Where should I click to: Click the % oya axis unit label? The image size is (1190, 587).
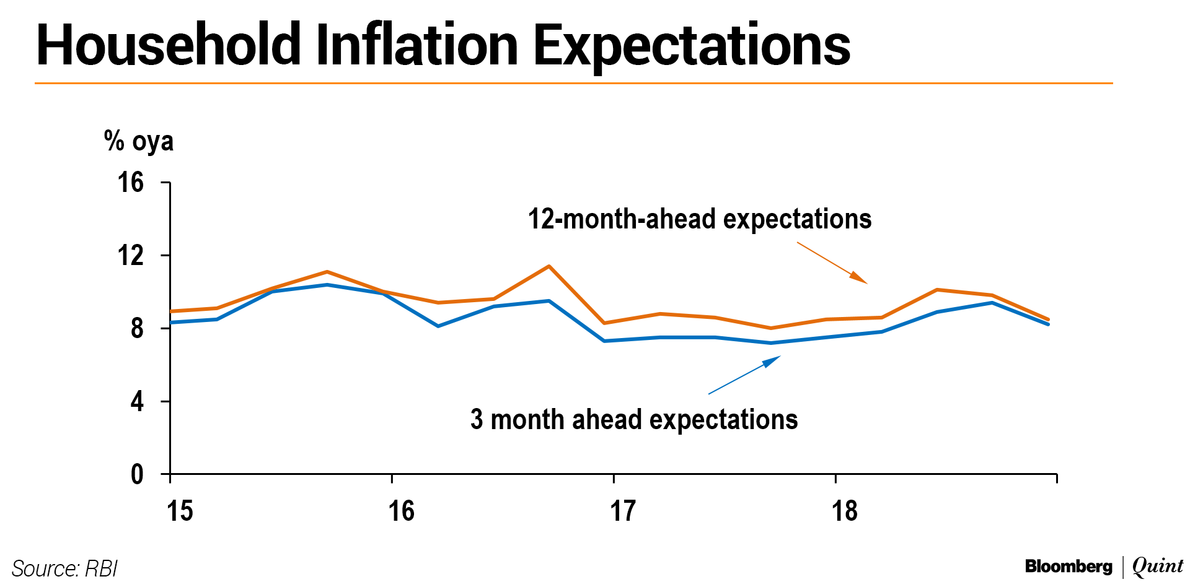(139, 141)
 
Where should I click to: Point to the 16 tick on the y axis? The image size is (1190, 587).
(131, 183)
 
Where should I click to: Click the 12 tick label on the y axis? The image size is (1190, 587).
(131, 255)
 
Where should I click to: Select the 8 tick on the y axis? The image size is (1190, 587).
(137, 328)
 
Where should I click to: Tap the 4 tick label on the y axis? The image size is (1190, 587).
(137, 401)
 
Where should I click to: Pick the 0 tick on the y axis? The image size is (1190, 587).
(137, 474)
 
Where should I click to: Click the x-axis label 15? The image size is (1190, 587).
(180, 511)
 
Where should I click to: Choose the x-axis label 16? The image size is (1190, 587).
(401, 511)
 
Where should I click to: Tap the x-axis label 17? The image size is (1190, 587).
(623, 511)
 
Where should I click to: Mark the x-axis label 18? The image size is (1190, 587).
(845, 511)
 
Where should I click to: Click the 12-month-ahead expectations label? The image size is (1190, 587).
(700, 220)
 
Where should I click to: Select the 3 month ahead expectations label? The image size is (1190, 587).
(634, 420)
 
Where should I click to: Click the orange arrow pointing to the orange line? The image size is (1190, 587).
(832, 263)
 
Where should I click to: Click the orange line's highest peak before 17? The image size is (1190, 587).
(549, 266)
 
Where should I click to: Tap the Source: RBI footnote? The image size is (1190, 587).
(64, 568)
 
